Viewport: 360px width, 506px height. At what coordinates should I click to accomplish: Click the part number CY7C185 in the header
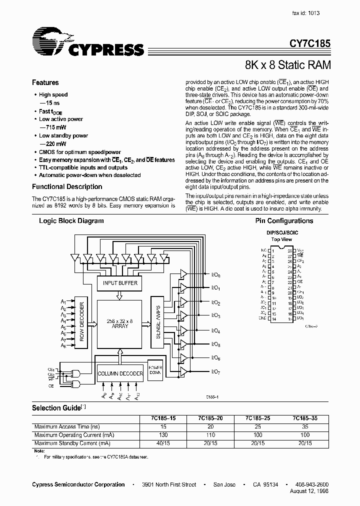310,44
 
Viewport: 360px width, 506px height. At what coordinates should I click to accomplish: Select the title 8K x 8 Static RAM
287,65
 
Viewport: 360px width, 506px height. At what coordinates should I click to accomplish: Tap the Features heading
45,82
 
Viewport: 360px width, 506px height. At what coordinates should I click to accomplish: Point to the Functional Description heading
67,186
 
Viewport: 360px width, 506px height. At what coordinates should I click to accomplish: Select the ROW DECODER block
82,320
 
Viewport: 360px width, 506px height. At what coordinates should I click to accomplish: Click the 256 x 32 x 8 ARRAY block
120,323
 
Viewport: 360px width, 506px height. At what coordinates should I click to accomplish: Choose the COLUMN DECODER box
120,373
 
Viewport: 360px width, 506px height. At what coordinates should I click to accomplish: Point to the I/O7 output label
216,371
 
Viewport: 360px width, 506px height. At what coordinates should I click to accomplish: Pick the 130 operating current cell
162,435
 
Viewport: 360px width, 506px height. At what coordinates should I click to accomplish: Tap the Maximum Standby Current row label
71,443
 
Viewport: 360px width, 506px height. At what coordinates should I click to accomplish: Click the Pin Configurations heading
284,220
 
